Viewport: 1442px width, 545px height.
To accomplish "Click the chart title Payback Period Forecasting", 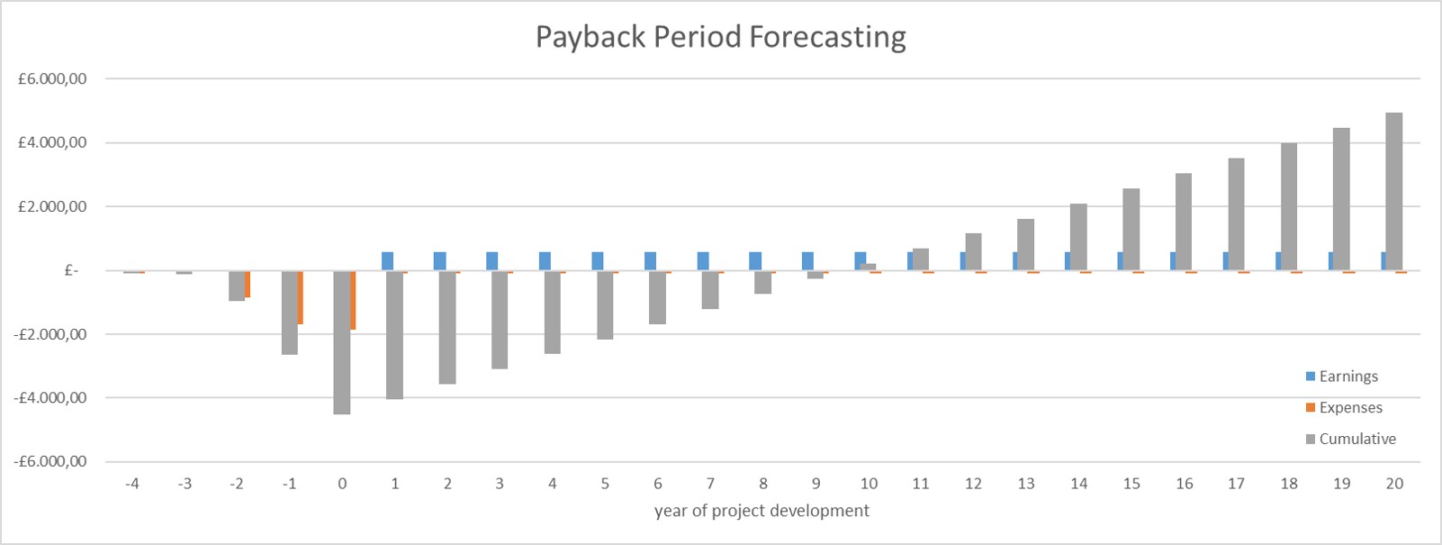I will (x=720, y=37).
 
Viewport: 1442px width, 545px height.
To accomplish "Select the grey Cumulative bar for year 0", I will (x=342, y=342).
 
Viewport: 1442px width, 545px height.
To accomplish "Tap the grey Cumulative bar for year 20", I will (x=1394, y=191).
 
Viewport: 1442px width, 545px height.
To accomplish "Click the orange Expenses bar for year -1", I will (x=301, y=297).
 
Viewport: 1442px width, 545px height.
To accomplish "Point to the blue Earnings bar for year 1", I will (x=387, y=261).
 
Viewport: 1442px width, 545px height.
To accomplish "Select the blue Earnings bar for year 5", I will (x=598, y=261).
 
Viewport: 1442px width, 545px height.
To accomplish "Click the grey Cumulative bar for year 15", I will (x=1131, y=230).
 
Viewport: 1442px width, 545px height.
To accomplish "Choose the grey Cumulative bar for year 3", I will (x=500, y=320).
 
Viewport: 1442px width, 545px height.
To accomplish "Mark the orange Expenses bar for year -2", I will (x=248, y=284).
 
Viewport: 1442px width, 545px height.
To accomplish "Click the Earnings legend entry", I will (x=1347, y=377).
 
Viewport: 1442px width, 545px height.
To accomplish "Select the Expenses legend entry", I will (x=1349, y=408).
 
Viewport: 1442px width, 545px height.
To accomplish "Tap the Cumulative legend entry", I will (x=1356, y=440).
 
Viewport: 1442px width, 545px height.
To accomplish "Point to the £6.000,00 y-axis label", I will (x=52, y=79).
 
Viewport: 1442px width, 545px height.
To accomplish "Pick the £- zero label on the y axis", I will (x=72, y=270).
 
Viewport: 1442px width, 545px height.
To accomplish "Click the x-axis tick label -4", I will (x=131, y=484).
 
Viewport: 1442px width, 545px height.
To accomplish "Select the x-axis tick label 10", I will (x=869, y=484).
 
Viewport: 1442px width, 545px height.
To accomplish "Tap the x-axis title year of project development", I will (x=762, y=511).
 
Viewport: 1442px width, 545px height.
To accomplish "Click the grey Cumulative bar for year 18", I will (x=1289, y=206).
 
